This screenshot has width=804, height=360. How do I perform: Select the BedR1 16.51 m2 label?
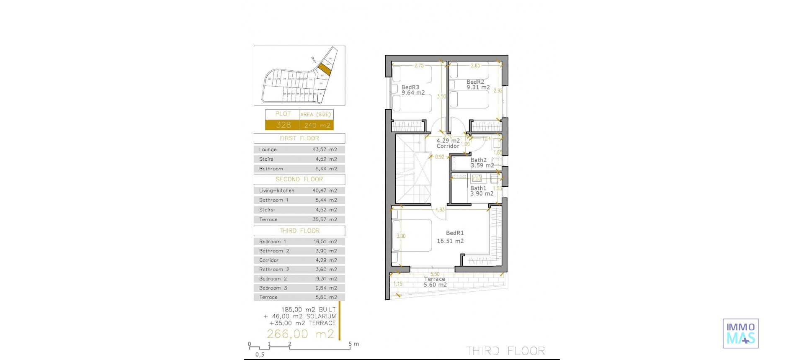pos(451,237)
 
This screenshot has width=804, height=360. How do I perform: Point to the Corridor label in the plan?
pos(448,144)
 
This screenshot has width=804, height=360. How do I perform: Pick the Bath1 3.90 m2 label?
pos(481,191)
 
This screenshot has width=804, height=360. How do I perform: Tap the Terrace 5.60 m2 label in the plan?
pos(435,282)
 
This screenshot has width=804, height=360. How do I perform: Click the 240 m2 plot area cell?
pos(317,125)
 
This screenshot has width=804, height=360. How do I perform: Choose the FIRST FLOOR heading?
pos(299,138)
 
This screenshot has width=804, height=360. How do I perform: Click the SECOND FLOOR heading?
pos(299,179)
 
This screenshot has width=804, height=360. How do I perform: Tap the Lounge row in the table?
pos(299,149)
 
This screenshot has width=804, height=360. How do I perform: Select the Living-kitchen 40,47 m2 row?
pos(299,190)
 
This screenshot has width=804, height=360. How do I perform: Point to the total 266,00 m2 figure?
pos(300,334)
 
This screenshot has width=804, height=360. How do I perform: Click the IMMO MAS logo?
pos(740,334)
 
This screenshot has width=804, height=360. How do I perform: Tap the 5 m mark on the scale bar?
pos(350,345)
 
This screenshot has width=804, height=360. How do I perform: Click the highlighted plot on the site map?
pos(324,69)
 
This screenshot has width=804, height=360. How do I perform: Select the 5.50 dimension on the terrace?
pos(435,274)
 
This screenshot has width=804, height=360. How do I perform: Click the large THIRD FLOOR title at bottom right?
pos(505,351)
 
